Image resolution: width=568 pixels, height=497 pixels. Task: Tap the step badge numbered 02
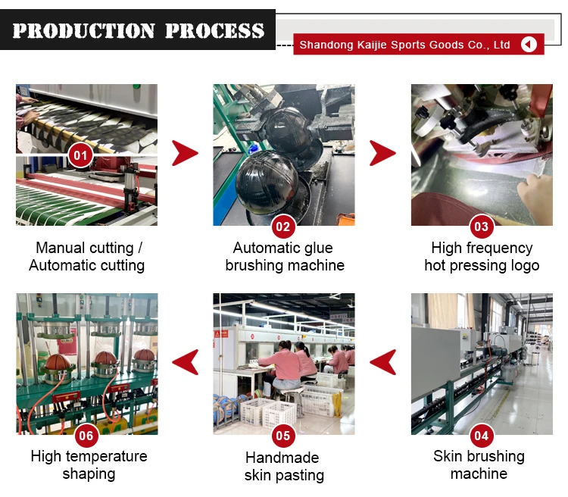283,227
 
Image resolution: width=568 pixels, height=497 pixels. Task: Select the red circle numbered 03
481,227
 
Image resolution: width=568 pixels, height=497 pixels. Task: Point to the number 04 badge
481,436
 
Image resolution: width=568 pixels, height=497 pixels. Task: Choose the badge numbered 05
283,436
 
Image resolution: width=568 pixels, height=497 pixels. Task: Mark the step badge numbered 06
86,436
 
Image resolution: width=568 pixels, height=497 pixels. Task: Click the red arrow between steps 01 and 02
184,153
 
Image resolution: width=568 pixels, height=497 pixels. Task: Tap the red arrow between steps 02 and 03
382,153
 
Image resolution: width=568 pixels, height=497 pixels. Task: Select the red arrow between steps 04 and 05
382,362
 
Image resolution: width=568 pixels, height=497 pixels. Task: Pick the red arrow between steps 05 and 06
186,362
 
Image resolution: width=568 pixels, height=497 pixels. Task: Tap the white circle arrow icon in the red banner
529,45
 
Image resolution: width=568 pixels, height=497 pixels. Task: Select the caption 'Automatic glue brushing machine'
284,257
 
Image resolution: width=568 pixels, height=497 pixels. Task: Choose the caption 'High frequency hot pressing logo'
482,257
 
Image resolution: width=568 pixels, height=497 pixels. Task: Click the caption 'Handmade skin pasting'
283,467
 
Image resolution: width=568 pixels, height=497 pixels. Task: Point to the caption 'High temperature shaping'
89,465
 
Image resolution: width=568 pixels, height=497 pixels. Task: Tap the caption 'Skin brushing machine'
479,465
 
